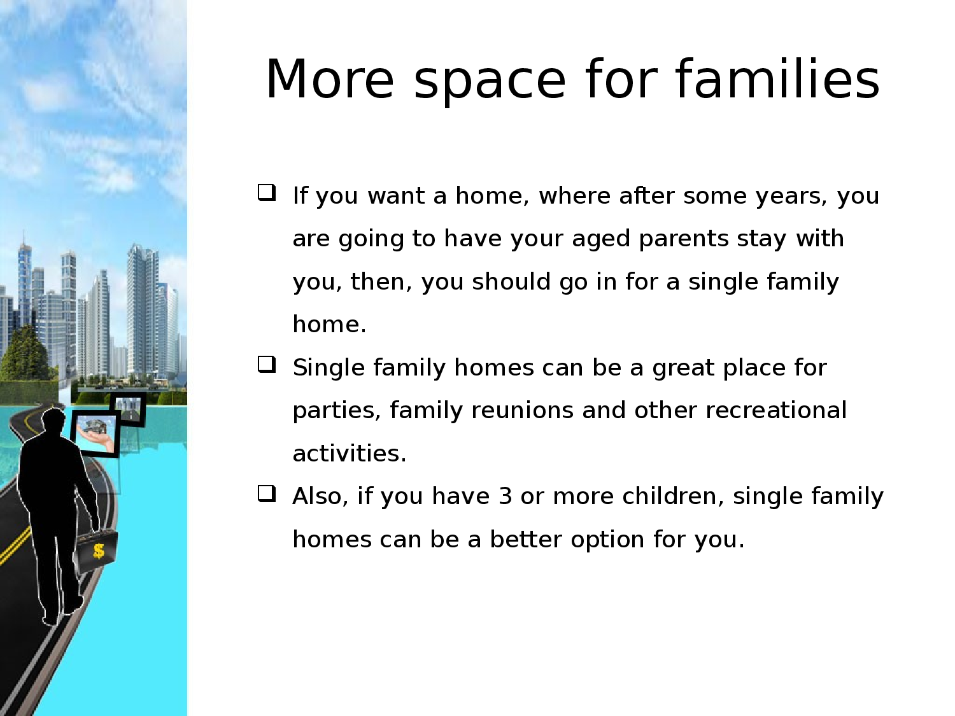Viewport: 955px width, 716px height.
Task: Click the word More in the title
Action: [x=330, y=80]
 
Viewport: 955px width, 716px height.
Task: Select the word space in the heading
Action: [x=490, y=83]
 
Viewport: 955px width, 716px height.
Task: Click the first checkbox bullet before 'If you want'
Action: [x=267, y=193]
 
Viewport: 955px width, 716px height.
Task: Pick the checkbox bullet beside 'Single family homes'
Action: [x=267, y=364]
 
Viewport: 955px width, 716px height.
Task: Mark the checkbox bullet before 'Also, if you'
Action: [x=267, y=493]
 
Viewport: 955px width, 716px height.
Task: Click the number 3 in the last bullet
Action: [x=505, y=496]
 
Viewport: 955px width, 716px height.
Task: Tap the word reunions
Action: [x=522, y=411]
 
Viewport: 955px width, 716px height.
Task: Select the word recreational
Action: [x=775, y=411]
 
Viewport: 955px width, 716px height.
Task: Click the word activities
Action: [x=350, y=453]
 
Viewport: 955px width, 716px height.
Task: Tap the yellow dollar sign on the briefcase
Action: [x=99, y=551]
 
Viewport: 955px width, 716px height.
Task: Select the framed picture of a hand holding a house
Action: [x=95, y=433]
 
